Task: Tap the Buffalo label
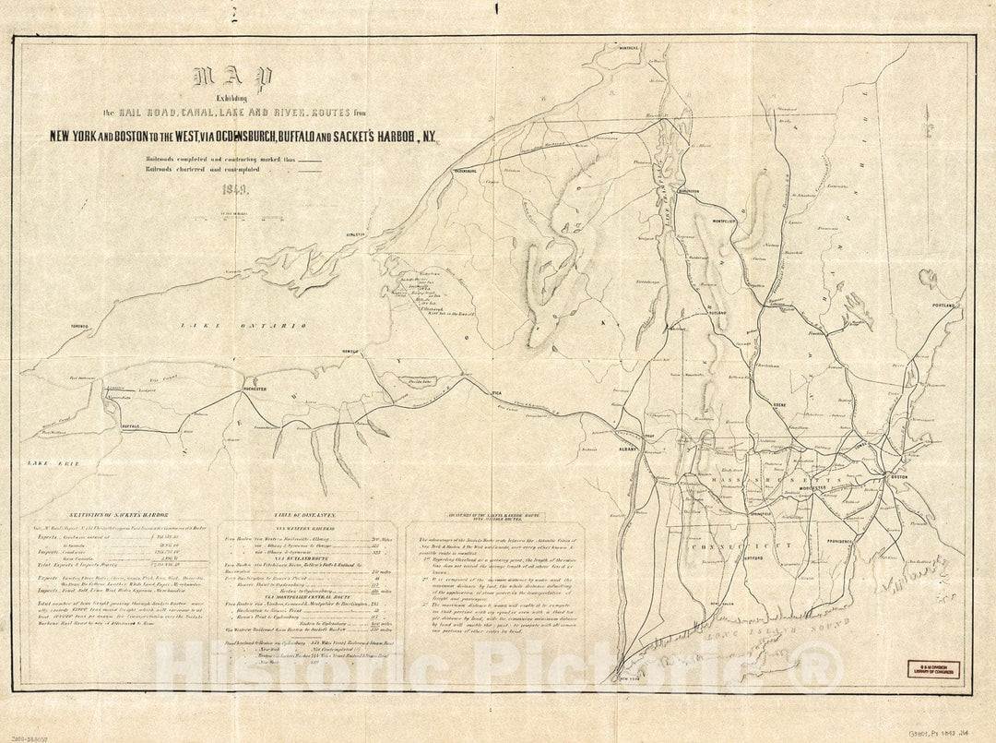[130, 426]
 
